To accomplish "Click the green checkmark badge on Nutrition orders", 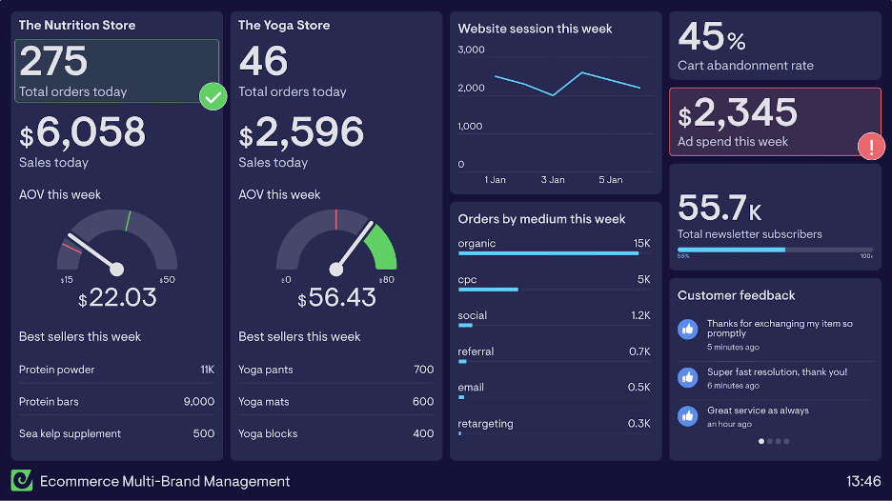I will pos(213,96).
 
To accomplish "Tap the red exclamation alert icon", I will pos(871,147).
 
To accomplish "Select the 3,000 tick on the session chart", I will pos(472,50).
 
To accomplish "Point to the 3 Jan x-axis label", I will pos(553,180).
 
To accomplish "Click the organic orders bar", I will pos(548,253).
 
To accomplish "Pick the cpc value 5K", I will pos(643,280).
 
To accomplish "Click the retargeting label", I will pos(485,424).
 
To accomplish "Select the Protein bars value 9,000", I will pos(198,402).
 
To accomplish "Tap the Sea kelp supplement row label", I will pos(70,434).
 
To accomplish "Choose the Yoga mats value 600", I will pos(423,402).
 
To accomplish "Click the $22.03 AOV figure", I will pos(117,298).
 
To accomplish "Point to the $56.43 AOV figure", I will pos(336,298).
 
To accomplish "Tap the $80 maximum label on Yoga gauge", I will pos(386,280).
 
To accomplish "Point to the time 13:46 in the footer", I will pos(862,481).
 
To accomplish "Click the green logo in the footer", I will pos(22,481).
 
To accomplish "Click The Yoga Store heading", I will pos(284,26).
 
